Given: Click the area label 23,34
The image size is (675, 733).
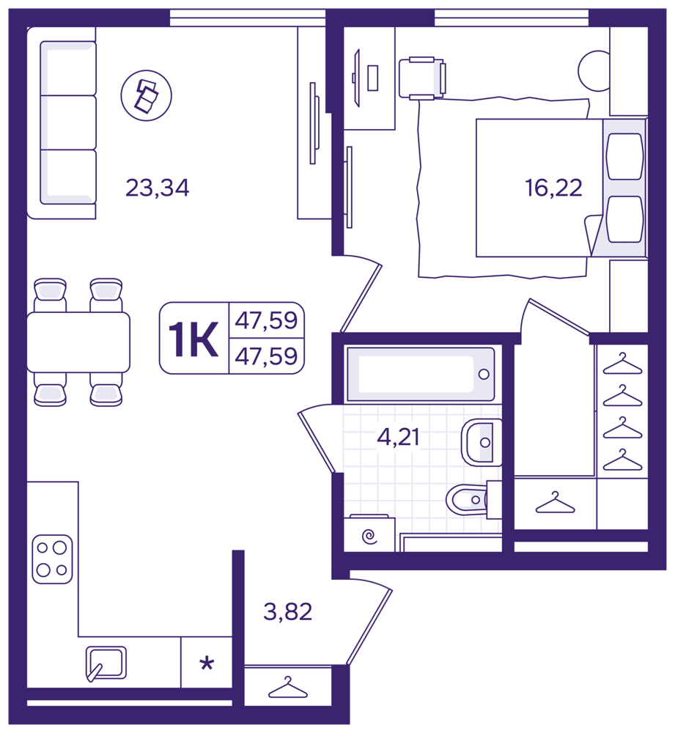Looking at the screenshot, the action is tap(157, 188).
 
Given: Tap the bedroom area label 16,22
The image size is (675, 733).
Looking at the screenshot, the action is tap(553, 188).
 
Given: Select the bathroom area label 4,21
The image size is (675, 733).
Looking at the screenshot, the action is tap(398, 437).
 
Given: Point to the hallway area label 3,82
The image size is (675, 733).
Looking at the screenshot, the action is tap(287, 611).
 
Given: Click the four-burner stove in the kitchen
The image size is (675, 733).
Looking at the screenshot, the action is tap(52, 559).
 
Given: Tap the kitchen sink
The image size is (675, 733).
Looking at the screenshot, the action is tap(106, 663).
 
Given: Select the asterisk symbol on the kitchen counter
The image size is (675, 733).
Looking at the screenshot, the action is tap(207, 663).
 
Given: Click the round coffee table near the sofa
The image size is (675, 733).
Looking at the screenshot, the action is tap(147, 95).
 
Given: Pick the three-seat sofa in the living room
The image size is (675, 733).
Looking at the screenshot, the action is tap(62, 123).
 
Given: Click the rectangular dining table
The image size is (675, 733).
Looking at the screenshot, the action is tap(78, 342).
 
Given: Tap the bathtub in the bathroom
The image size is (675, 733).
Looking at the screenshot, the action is tap(419, 374).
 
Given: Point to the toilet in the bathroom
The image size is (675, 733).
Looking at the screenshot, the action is tap(473, 499).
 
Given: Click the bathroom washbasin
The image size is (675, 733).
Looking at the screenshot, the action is tap(482, 442).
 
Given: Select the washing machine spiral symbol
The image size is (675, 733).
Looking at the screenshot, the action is tap(369, 536).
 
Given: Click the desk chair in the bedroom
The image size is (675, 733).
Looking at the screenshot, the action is tap(422, 78).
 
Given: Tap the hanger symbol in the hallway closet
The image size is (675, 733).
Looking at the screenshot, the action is tap(288, 688).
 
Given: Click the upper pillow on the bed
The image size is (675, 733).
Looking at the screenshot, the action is tap(624, 156).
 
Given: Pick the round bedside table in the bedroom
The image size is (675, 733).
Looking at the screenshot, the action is tap(594, 71).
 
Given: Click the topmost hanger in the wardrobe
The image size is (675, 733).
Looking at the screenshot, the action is tap(622, 364).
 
